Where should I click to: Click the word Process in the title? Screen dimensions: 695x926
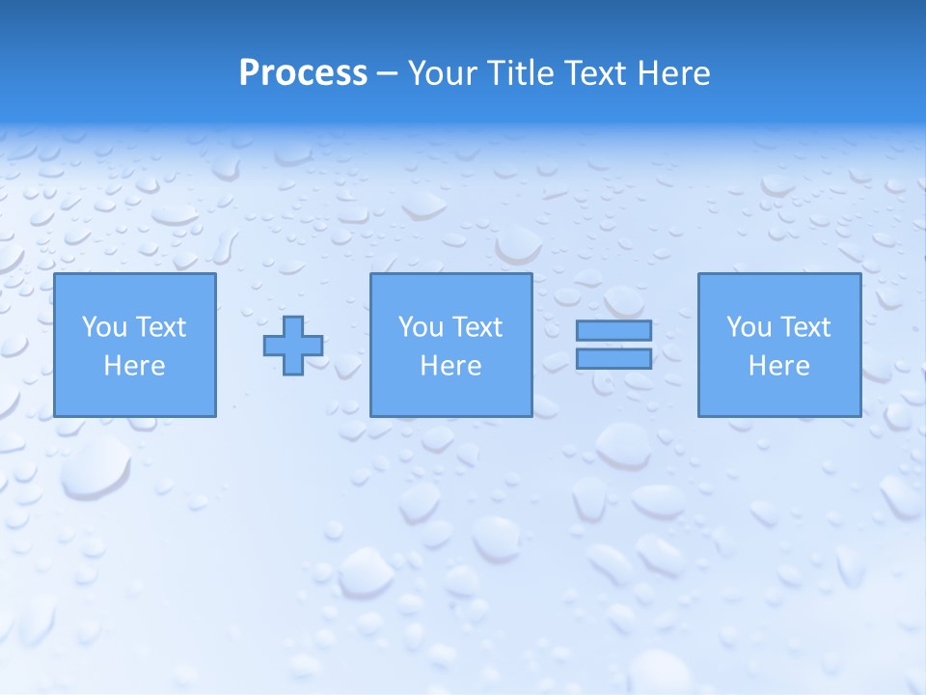tap(303, 73)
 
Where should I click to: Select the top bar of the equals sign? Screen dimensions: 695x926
tap(614, 331)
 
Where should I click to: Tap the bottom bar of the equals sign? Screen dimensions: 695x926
tap(614, 358)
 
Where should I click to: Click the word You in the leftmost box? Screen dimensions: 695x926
tap(104, 327)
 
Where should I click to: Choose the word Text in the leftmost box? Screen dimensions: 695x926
tap(160, 327)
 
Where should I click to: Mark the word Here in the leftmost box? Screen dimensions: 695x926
tap(134, 366)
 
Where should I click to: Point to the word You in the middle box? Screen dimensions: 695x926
tap(421, 327)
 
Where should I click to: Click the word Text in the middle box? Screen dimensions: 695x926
tap(477, 327)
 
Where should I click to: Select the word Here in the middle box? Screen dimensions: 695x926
tap(450, 366)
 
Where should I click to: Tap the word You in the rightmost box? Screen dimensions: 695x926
tap(749, 327)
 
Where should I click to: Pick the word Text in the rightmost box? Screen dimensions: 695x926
tap(804, 327)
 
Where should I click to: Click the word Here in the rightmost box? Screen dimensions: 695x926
tap(778, 366)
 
